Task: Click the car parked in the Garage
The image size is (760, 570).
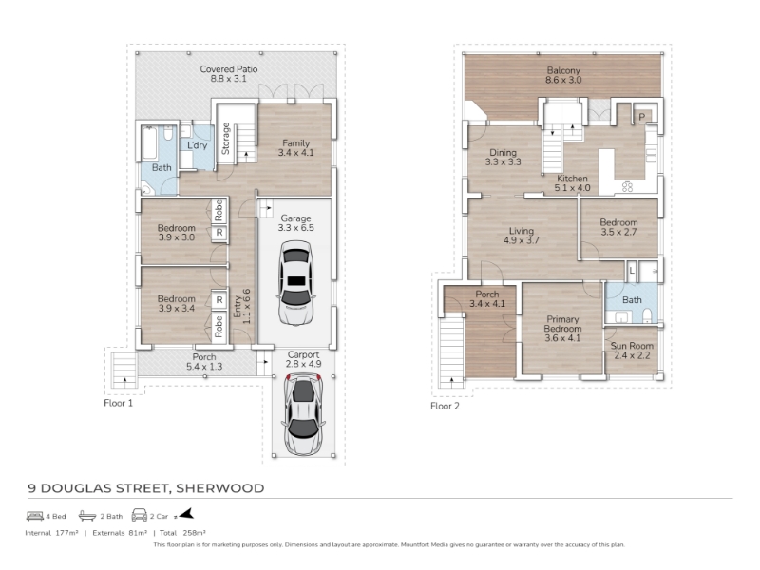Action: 295,283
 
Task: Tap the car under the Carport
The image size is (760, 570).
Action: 303,414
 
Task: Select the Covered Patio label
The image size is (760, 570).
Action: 229,69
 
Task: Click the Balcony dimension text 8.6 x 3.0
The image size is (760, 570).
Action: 563,80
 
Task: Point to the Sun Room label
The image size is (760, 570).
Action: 632,346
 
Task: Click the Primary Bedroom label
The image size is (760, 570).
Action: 562,324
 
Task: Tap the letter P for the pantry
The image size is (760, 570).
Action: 642,117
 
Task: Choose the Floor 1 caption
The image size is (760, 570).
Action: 118,403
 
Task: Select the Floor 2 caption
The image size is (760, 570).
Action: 445,406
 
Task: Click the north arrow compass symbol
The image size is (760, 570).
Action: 185,514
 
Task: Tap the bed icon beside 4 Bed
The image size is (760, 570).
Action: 35,516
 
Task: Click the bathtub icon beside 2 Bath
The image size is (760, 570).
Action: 87,516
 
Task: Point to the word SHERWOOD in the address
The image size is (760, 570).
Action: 220,488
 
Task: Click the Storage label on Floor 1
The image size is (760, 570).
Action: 225,139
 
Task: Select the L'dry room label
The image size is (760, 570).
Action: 198,145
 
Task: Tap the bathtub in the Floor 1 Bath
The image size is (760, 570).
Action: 150,143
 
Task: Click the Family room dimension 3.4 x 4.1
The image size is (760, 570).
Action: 295,153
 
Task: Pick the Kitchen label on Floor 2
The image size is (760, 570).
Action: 573,179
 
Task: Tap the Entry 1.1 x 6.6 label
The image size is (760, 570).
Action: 242,307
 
